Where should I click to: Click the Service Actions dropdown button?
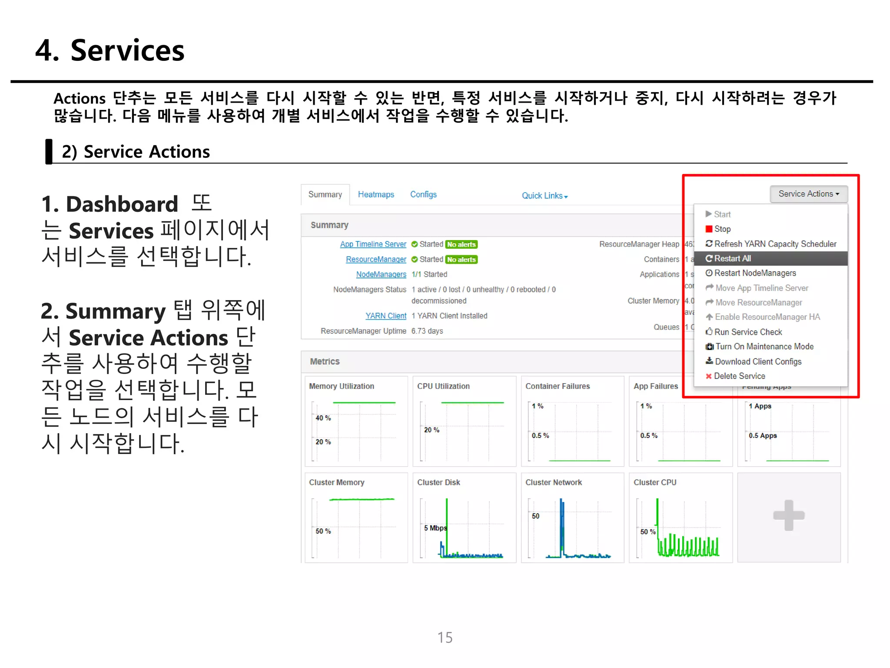click(x=808, y=194)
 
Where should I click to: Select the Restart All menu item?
click(x=732, y=259)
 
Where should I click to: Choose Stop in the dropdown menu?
click(x=722, y=229)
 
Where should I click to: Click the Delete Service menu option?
click(x=739, y=376)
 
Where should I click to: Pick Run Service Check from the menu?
click(x=747, y=332)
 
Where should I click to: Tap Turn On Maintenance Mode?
click(x=764, y=347)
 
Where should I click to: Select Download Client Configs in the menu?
click(x=757, y=362)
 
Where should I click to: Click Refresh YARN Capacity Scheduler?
click(x=775, y=244)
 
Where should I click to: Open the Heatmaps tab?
click(x=376, y=195)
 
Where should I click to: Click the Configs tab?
click(x=423, y=195)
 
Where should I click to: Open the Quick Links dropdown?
click(x=545, y=196)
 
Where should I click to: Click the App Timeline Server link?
click(x=373, y=244)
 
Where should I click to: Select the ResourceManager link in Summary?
click(x=376, y=260)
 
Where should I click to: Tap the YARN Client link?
click(x=386, y=316)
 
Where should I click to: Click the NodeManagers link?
click(x=381, y=274)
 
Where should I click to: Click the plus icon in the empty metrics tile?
click(x=789, y=516)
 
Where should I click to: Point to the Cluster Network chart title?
click(x=553, y=483)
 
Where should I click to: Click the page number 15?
click(x=445, y=638)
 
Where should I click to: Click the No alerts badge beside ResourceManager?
click(x=461, y=260)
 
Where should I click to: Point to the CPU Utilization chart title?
click(x=443, y=386)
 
